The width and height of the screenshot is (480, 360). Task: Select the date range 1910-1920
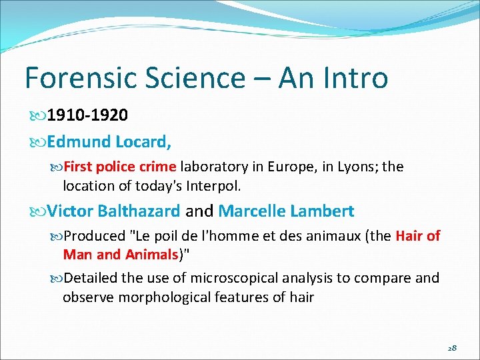click(87, 115)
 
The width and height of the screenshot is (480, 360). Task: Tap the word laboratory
click(214, 167)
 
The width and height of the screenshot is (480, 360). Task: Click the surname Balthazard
click(139, 211)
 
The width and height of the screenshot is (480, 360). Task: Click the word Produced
click(95, 236)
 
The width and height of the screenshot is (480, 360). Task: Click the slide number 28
click(451, 348)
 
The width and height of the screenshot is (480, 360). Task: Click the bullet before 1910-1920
click(40, 116)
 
